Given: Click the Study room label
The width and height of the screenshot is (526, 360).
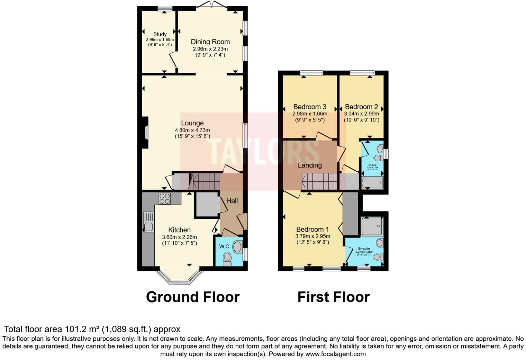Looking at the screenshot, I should point(160,34).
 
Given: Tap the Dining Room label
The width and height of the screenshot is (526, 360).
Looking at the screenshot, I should point(210,42).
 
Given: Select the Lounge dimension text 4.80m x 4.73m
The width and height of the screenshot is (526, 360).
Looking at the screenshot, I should point(192,130).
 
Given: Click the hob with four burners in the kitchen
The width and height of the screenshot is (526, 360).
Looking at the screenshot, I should point(164,198).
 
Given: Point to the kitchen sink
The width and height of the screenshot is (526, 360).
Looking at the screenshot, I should point(148,227).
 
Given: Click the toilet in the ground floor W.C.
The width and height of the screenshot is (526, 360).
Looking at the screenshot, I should point(227,258).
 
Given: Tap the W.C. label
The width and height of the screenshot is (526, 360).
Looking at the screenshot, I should point(225,247).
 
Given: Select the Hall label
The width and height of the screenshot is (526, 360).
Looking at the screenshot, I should point(232,201).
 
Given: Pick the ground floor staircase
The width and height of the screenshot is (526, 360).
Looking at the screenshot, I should point(204,181).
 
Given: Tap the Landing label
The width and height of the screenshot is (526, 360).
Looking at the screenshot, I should point(310,165).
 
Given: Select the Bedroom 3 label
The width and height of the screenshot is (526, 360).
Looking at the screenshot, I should point(310,107).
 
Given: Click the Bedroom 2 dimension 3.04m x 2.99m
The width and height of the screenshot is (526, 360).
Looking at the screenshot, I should point(361,114).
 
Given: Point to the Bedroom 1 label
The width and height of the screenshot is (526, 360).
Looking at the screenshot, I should point(312,229).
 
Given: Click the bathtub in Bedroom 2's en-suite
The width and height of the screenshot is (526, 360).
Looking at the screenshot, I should point(372,183).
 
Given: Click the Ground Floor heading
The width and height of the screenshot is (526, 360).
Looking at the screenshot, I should point(192,297).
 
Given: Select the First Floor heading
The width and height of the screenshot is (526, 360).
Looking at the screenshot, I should point(333,297).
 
